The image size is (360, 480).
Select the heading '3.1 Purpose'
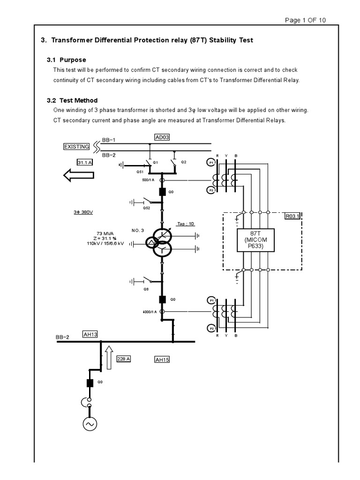point(66,60)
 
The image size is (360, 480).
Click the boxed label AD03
point(162,137)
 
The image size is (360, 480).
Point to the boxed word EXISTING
point(76,147)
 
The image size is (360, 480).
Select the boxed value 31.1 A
point(85,162)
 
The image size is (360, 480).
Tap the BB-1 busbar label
point(108,140)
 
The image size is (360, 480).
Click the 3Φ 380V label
point(83,212)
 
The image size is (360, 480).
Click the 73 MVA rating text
point(105,233)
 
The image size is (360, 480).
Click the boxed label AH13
point(90,334)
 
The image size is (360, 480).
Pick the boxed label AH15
point(162,360)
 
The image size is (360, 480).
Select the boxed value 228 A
point(123,359)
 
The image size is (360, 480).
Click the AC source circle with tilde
point(89,424)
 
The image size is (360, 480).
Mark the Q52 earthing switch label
point(147,208)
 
